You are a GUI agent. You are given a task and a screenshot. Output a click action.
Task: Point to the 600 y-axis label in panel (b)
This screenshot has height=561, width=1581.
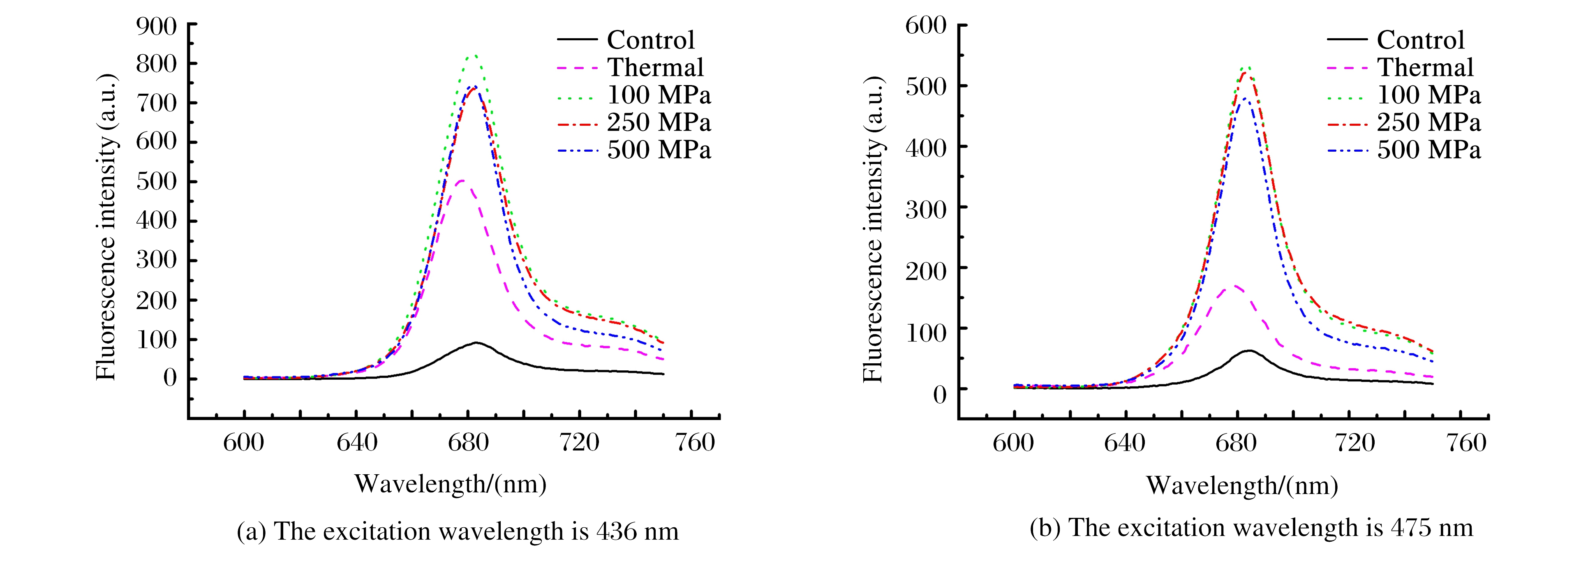[925, 26]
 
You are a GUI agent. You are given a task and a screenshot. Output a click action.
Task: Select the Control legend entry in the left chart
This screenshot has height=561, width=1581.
[651, 40]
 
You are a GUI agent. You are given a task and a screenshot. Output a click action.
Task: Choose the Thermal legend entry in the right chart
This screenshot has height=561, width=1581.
[1425, 67]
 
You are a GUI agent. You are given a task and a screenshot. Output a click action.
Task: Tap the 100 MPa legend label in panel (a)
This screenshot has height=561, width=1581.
[659, 95]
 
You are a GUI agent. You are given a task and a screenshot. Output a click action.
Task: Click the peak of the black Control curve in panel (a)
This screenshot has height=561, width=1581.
[476, 342]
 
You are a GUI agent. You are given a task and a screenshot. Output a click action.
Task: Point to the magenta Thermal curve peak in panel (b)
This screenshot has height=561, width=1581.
[1234, 285]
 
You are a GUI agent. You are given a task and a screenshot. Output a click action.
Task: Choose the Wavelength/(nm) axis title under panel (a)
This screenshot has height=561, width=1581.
[450, 484]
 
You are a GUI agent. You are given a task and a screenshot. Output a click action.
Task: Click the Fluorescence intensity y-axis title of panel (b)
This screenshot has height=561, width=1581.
[873, 230]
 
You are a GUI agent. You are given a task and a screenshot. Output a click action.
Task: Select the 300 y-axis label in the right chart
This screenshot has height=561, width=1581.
[925, 209]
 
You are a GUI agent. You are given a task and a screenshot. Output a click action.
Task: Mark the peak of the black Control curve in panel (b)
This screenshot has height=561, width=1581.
[1248, 351]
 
